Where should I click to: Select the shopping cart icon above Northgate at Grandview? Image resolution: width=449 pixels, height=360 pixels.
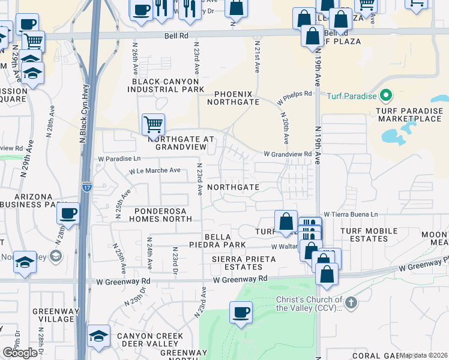coord(153,124)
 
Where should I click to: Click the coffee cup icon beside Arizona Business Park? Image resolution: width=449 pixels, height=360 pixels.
coord(69,213)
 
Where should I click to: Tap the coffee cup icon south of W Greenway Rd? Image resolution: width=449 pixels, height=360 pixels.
coord(241,312)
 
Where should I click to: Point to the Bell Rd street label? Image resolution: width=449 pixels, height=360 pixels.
coord(176,36)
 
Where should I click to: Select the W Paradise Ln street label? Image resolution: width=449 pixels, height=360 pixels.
coord(119,158)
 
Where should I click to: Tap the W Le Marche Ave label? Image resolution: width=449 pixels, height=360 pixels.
coord(154,170)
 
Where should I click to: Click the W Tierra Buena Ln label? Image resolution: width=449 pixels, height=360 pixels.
coord(351,214)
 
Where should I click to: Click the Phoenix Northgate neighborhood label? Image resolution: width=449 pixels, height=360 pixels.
coord(233,98)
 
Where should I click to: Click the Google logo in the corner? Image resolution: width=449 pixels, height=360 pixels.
coord(20,353)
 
